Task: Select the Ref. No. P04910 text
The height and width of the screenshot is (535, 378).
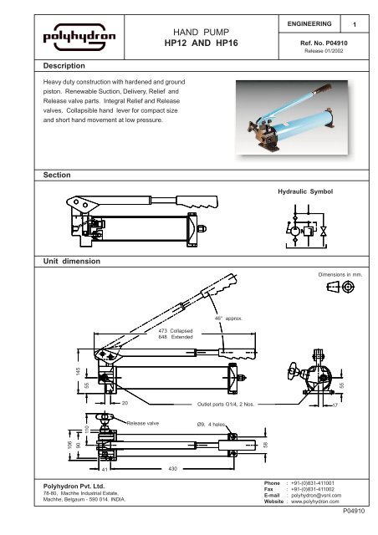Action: tap(322, 39)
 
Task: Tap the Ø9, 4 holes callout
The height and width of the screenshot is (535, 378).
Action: tap(204, 424)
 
